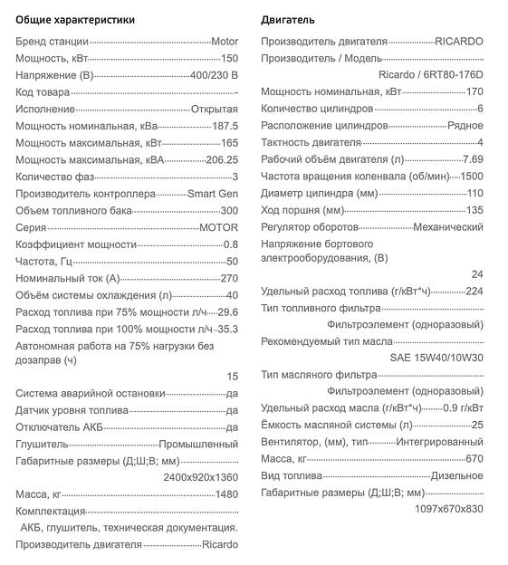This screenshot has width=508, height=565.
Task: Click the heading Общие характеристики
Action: [75, 19]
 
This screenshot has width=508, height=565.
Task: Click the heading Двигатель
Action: [289, 19]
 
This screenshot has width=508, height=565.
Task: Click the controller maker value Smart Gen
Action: [213, 194]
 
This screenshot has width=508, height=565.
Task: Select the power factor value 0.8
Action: [230, 244]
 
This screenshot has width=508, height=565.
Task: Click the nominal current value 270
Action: [229, 278]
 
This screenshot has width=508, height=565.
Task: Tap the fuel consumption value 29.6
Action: [227, 311]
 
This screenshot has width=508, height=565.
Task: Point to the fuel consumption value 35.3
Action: [227, 329]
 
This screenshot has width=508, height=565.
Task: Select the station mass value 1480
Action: [226, 494]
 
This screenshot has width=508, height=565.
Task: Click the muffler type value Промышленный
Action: [198, 445]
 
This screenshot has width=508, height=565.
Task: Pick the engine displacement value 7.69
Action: [473, 159]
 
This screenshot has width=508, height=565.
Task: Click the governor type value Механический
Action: [448, 227]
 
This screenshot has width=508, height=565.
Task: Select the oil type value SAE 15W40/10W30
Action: [436, 359]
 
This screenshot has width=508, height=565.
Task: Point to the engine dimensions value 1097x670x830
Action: [448, 509]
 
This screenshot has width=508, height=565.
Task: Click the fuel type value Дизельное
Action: [457, 475]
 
